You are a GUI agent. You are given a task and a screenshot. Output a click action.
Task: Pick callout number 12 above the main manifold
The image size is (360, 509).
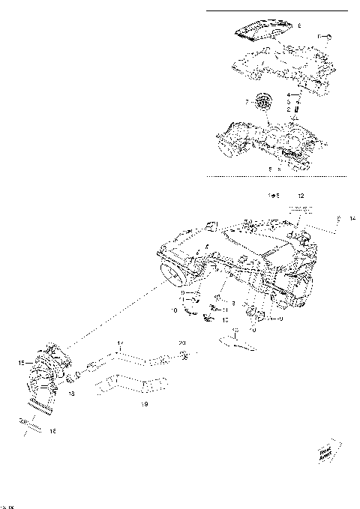(301, 195)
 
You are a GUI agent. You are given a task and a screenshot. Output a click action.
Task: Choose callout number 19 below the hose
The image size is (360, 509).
(144, 404)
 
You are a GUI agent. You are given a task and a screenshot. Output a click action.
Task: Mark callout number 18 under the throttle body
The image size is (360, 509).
(71, 391)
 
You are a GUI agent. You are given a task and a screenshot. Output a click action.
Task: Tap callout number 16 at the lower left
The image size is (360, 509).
(52, 431)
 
